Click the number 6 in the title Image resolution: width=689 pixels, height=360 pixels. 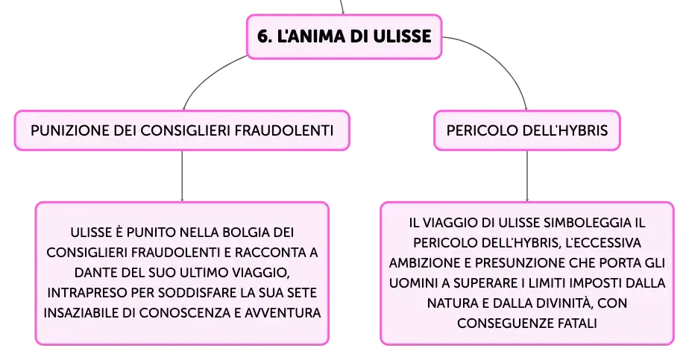[x=262, y=37]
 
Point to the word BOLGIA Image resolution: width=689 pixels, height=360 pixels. [x=245, y=233]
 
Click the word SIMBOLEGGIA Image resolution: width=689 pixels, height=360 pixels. [x=587, y=223]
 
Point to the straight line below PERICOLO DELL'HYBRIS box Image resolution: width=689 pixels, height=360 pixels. [x=527, y=176]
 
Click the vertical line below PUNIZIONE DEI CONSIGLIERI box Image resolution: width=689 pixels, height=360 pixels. [x=182, y=176]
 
